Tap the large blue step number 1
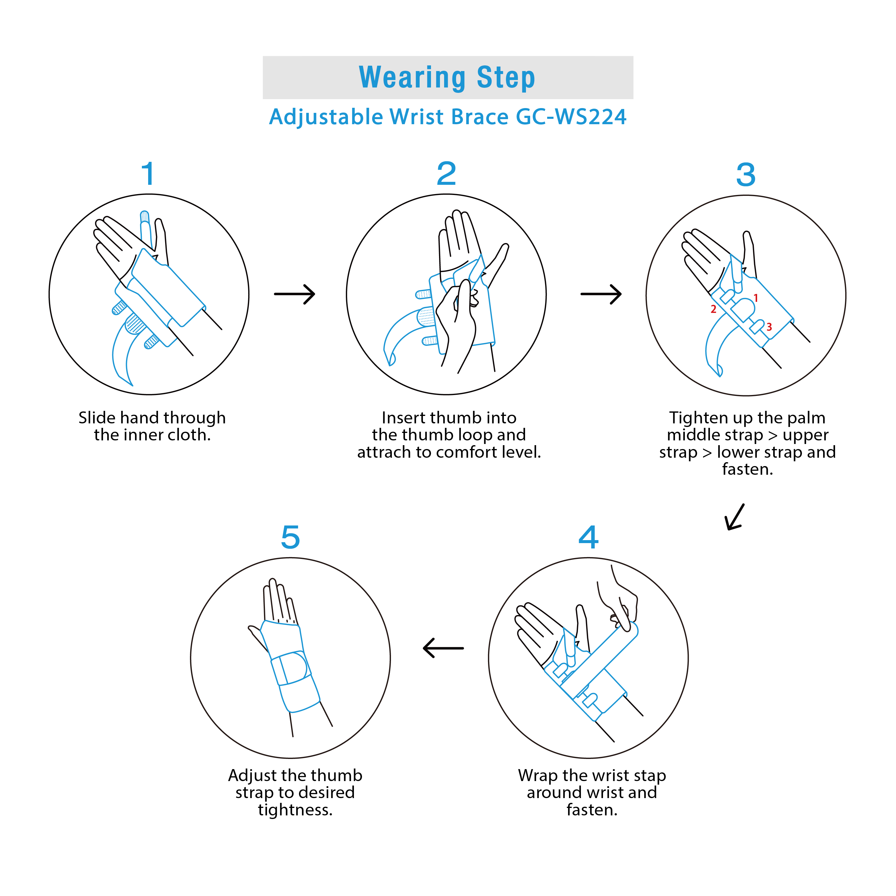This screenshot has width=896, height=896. [148, 174]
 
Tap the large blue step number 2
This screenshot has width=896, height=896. [447, 173]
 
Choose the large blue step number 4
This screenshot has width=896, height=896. [588, 537]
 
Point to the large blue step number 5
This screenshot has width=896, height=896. [291, 537]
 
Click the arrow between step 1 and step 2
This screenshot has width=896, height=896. [295, 294]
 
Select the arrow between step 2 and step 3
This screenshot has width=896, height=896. [601, 294]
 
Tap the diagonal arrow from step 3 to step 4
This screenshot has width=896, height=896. [735, 517]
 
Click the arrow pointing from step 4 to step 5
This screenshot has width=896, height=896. [443, 648]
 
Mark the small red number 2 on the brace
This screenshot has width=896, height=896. [713, 309]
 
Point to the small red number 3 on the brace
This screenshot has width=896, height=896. [769, 327]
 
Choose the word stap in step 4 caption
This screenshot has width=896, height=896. [648, 775]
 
